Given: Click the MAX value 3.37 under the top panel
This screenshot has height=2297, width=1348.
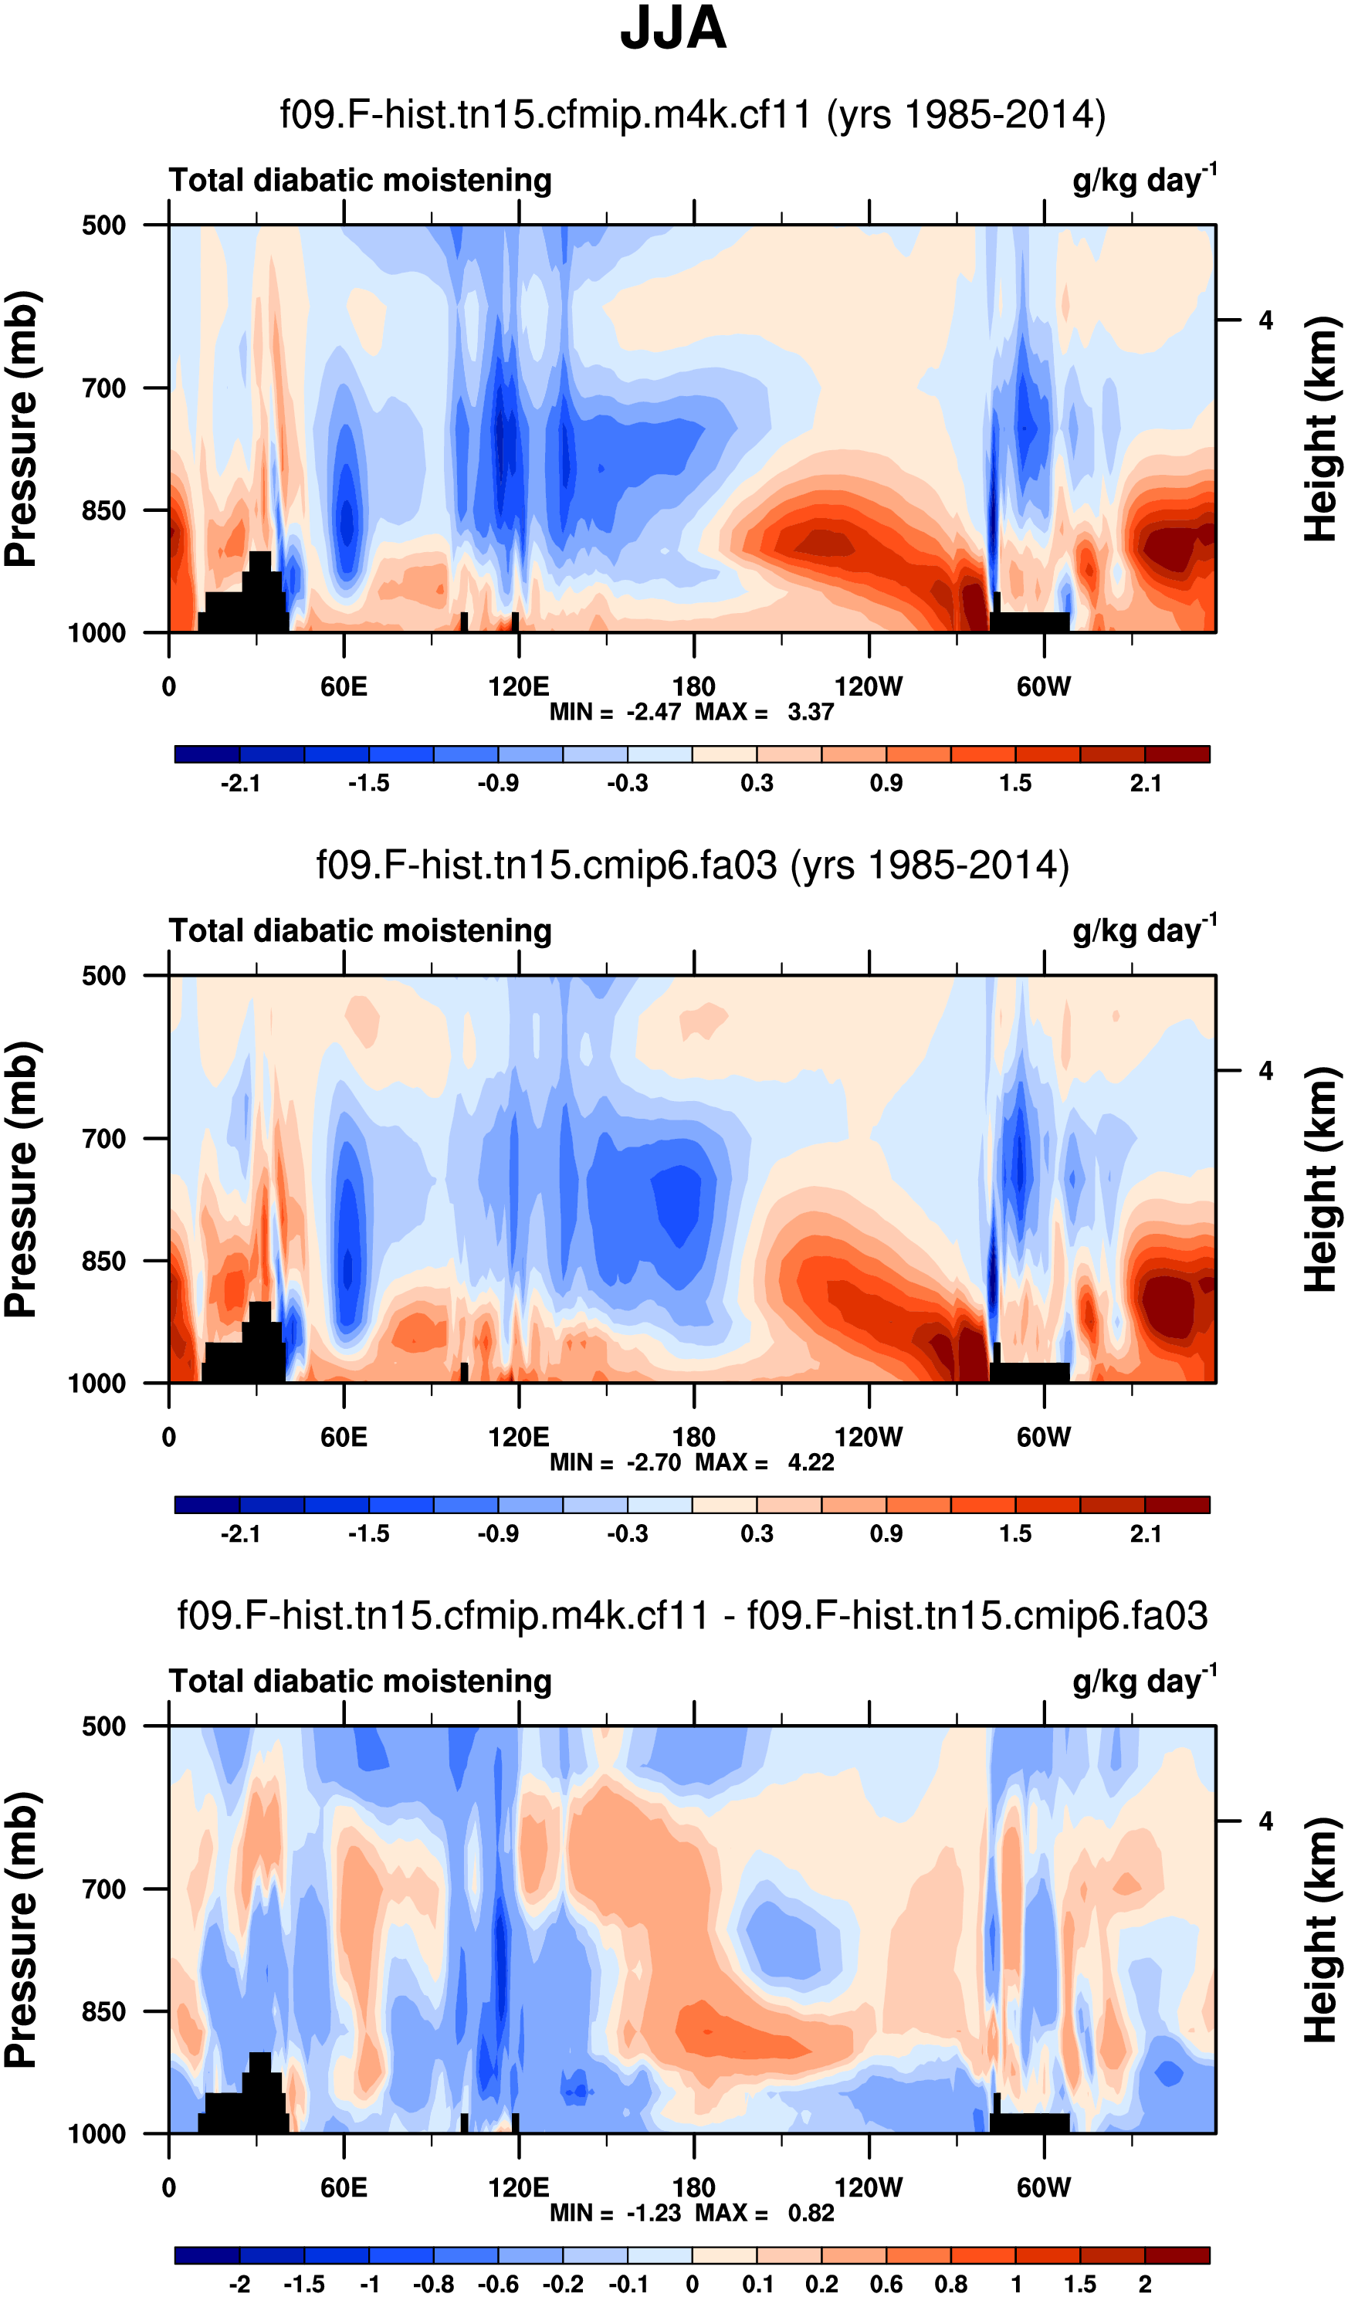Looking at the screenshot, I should click(810, 712).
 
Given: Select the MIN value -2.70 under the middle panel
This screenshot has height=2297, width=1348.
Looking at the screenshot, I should click(653, 1462).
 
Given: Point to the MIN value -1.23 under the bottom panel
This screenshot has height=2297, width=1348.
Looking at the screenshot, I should click(653, 2212).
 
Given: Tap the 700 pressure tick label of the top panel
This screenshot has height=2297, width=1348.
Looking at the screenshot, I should click(104, 388).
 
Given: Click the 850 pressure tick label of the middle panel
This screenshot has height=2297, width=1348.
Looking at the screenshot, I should click(104, 1261).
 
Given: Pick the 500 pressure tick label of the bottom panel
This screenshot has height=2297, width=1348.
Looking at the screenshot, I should click(104, 1726).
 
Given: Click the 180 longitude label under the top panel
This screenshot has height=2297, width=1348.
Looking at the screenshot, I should click(693, 686).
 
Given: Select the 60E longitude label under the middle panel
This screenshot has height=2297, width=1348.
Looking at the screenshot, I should click(344, 1438).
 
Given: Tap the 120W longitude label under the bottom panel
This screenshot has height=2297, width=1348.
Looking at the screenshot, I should click(869, 2187).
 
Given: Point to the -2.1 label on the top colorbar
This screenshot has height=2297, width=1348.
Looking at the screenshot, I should click(239, 783).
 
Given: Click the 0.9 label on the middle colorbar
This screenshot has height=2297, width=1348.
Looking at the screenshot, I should click(886, 1533).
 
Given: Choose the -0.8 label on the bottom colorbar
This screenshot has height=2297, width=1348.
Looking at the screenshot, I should click(433, 2284).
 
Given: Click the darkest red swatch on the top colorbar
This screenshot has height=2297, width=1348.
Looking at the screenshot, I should click(1177, 754).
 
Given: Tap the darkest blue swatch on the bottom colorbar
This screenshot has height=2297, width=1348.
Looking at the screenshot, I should click(207, 2255).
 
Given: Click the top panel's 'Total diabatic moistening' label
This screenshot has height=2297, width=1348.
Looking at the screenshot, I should click(360, 181).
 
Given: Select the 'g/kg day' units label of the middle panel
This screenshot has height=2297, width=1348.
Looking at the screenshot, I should click(1143, 930).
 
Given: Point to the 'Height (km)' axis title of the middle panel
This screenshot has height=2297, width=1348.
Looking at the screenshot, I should click(1319, 1180).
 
